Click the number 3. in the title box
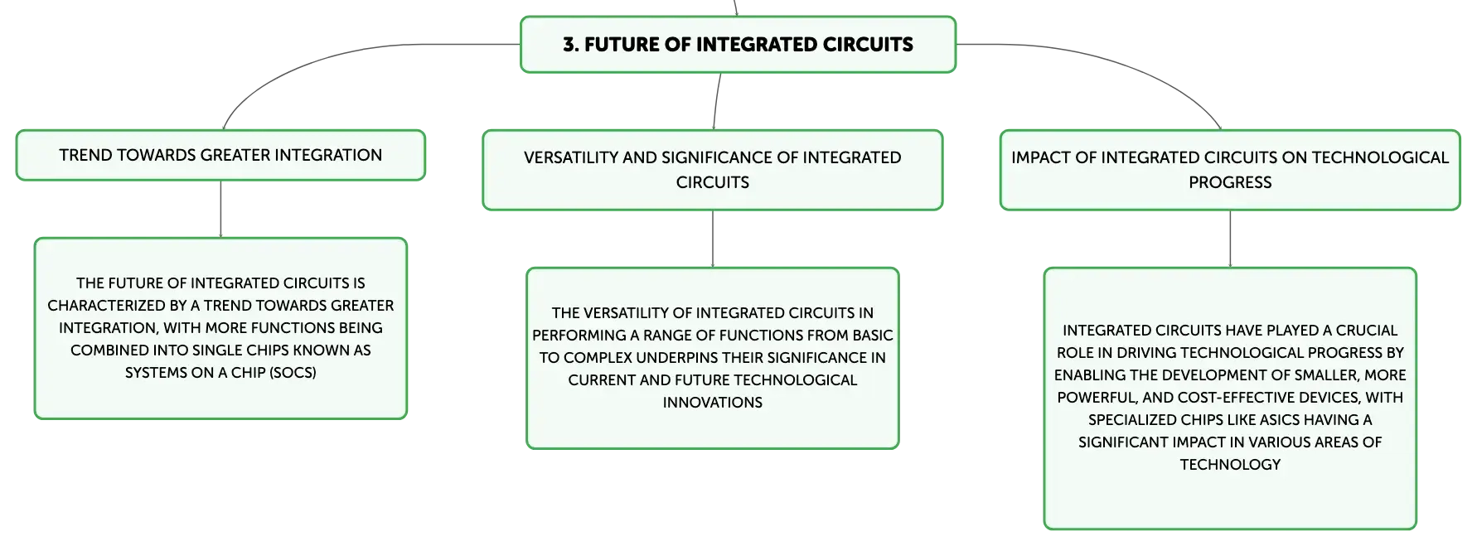tap(571, 45)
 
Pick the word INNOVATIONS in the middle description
tap(713, 403)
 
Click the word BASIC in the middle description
tap(873, 336)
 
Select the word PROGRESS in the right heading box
tap(1230, 182)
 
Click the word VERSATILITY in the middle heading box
tap(571, 157)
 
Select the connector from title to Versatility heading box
tap(717, 101)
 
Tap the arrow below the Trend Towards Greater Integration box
tap(220, 209)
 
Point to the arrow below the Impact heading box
tap(1230, 239)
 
